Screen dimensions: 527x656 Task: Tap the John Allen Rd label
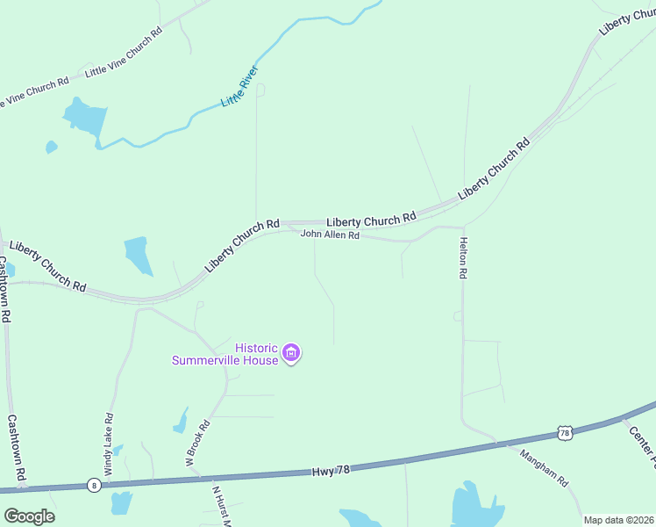pyautogui.click(x=330, y=235)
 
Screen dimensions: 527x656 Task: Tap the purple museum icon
pyautogui.click(x=292, y=354)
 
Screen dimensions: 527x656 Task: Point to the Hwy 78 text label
pyautogui.click(x=331, y=471)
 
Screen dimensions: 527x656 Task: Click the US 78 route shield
pyautogui.click(x=565, y=432)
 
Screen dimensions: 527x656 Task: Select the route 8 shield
pyautogui.click(x=93, y=485)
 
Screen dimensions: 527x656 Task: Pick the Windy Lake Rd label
pyautogui.click(x=109, y=444)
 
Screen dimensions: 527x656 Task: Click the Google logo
pyautogui.click(x=29, y=516)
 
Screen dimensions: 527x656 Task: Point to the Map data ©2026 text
pyautogui.click(x=619, y=520)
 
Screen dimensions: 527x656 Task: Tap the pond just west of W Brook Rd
pyautogui.click(x=182, y=422)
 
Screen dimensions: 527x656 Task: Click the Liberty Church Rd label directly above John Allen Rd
pyautogui.click(x=371, y=220)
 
